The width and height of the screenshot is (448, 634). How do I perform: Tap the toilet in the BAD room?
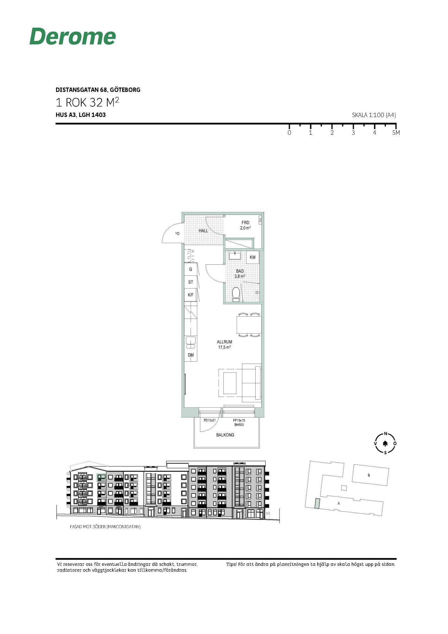236,294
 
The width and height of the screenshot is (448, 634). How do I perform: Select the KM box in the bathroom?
253,257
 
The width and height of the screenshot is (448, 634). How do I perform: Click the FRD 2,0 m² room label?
246,225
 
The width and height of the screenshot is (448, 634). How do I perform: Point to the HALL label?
203,230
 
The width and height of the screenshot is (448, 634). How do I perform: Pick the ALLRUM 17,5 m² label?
225,345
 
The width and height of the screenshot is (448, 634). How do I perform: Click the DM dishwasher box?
191,355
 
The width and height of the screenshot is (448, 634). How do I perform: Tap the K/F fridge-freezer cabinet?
190,295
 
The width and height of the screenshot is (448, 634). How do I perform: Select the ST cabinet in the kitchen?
190,282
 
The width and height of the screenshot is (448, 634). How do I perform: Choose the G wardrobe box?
190,269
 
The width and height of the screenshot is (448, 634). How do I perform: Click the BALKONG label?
225,435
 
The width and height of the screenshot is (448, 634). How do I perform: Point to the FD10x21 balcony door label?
210,420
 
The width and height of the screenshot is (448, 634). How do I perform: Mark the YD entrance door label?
177,234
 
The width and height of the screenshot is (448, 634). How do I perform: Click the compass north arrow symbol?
385,443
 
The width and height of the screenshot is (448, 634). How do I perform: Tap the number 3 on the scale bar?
353,133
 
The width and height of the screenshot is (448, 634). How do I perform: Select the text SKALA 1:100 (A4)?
374,115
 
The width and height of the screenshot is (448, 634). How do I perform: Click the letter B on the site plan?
369,475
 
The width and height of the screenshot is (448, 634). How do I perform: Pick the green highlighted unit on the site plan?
317,504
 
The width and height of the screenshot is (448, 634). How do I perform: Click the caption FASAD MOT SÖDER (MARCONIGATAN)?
105,527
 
